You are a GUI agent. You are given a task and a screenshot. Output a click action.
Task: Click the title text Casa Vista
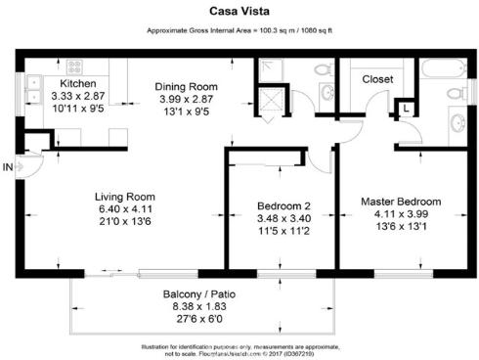coord(239,13)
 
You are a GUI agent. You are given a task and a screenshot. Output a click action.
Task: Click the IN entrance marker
coord(8,168)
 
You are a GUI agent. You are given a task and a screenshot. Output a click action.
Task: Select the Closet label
coord(377,78)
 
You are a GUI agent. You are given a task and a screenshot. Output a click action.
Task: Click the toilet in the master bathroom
coord(453,95)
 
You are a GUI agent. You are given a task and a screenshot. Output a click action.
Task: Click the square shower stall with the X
coord(267,103)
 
